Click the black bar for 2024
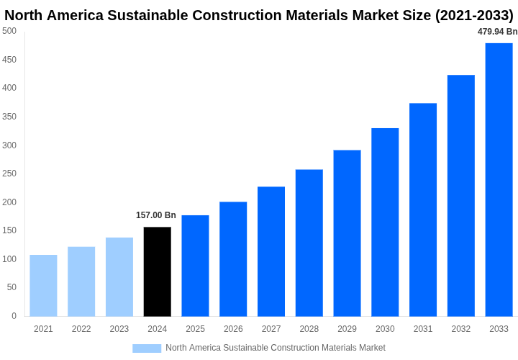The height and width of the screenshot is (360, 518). coord(158,271)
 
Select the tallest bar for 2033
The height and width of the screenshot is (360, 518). coord(499,179)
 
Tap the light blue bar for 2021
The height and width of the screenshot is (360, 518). coord(43,285)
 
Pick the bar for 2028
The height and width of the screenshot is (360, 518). coord(309,243)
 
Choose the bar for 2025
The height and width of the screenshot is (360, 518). coord(195,266)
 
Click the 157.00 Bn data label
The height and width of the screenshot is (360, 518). coord(156,215)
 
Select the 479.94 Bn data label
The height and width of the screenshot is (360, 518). coord(497,32)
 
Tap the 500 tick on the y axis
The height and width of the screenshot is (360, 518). coord(9,31)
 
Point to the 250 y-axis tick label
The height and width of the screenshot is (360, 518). coord(9,174)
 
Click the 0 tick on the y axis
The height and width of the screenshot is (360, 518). coord(14,315)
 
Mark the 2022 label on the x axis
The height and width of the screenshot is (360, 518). coord(81,329)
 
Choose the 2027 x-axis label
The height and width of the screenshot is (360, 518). coord(271,329)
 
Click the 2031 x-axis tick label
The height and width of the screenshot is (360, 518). coord(423,329)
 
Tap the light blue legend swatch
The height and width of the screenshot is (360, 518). coord(147,348)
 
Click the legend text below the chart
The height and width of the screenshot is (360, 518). coord(276,348)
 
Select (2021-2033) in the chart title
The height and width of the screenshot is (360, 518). coord(474,15)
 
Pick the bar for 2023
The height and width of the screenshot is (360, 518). coord(119,276)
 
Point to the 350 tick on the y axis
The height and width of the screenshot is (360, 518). coord(9,117)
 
